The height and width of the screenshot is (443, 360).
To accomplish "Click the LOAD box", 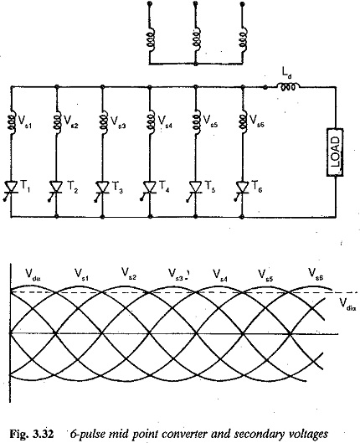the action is pyautogui.click(x=335, y=152).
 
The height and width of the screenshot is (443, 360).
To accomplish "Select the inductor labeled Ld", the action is pyautogui.click(x=288, y=86).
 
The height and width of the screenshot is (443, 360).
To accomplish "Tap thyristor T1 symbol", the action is pyautogui.click(x=11, y=189).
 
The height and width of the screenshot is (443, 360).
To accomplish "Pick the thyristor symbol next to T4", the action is pyautogui.click(x=149, y=189).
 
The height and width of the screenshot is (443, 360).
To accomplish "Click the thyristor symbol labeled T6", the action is pyautogui.click(x=242, y=189).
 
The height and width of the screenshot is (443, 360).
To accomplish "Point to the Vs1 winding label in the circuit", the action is pyautogui.click(x=25, y=121).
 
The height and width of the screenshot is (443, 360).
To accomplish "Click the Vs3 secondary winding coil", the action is pyautogui.click(x=103, y=123).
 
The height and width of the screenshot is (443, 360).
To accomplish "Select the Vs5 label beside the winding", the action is pyautogui.click(x=210, y=121).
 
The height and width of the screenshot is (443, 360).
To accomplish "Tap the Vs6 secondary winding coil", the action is pyautogui.click(x=243, y=123).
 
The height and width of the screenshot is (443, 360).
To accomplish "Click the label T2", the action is pyautogui.click(x=72, y=187).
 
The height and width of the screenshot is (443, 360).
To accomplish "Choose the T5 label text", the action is pyautogui.click(x=210, y=186).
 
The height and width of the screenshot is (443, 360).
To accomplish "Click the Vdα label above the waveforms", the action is pyautogui.click(x=33, y=274).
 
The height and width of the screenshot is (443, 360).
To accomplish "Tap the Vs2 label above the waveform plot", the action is pyautogui.click(x=129, y=274).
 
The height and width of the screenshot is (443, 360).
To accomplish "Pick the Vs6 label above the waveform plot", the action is pyautogui.click(x=316, y=274).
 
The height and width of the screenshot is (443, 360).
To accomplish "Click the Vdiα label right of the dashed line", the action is pyautogui.click(x=347, y=304).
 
